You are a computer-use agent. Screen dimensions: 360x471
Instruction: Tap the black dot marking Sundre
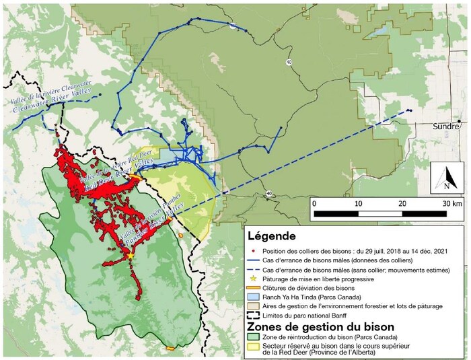tap(459, 122)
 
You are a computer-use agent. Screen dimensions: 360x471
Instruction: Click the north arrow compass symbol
tap(445, 176)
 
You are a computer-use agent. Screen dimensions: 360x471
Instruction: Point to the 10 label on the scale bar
tap(358, 203)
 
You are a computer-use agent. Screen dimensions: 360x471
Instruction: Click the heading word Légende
tap(272, 237)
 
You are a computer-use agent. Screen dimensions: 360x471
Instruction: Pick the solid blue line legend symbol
tap(254, 259)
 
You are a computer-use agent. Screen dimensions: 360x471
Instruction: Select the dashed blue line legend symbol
tap(254, 269)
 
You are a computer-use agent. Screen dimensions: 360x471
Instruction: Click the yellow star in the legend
tap(254, 279)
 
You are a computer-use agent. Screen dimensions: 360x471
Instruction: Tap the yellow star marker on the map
tap(129, 256)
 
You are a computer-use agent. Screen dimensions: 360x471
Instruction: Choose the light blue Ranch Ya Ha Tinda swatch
tap(254, 297)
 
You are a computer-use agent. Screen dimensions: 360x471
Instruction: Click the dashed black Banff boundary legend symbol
tap(254, 315)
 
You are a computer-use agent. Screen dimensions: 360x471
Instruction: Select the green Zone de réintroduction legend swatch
tap(254, 336)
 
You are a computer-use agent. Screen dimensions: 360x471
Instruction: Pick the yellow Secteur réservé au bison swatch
tap(254, 347)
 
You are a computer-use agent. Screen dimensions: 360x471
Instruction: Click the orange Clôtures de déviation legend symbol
tap(254, 288)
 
